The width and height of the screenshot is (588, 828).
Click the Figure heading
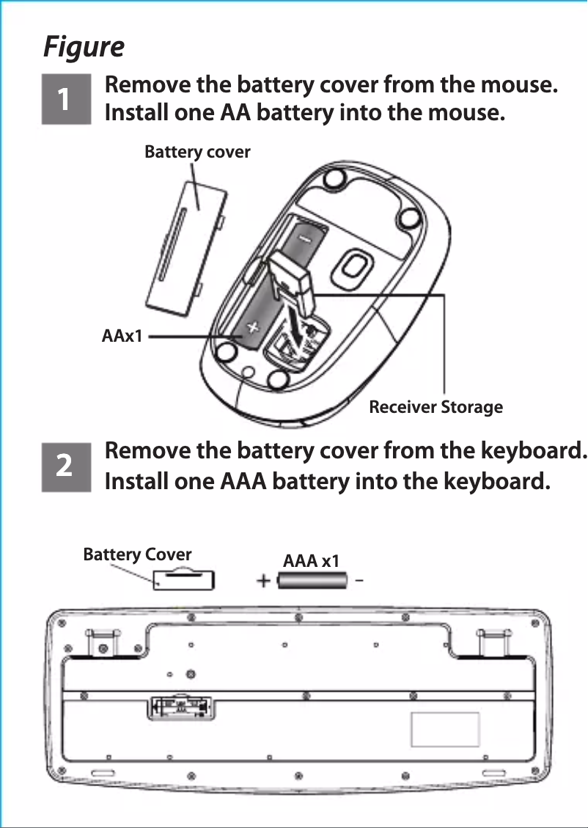pyautogui.click(x=84, y=47)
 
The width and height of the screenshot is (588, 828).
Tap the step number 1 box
pyautogui.click(x=65, y=98)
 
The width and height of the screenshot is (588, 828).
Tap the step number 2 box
pyautogui.click(x=65, y=466)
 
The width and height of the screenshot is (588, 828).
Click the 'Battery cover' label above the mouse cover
pyautogui.click(x=197, y=152)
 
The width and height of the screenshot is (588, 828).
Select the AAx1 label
pyautogui.click(x=122, y=337)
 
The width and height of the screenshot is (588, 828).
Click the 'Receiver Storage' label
pyautogui.click(x=436, y=407)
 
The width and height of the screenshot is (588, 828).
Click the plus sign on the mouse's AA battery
pyautogui.click(x=251, y=327)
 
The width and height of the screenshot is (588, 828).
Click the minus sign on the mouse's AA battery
pyautogui.click(x=303, y=239)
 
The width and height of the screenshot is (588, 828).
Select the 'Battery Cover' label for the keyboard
pyautogui.click(x=137, y=554)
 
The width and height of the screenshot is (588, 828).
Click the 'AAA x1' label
pyautogui.click(x=311, y=561)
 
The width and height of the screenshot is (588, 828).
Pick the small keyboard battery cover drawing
pyautogui.click(x=184, y=579)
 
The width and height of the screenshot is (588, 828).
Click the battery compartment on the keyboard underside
pyautogui.click(x=181, y=708)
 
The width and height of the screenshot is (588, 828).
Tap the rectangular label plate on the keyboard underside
pyautogui.click(x=445, y=729)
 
